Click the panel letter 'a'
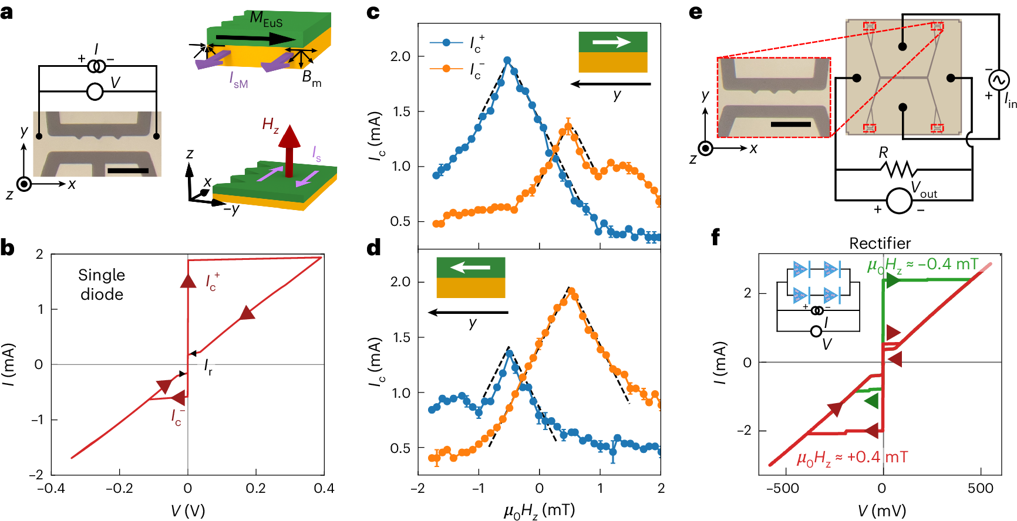pos(7,12)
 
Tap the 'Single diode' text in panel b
pos(102,285)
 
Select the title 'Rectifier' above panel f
pos(880,243)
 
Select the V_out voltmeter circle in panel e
pos(898,201)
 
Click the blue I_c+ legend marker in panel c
pos(446,42)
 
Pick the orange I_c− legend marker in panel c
pos(446,69)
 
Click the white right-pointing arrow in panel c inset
pos(612,42)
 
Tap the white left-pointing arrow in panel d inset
pos(470,268)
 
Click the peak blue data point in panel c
pos(507,60)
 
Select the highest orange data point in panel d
pos(571,291)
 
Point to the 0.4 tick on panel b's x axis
pos(324,488)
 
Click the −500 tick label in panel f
pos(782,488)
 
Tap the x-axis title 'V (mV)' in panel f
pos(881,510)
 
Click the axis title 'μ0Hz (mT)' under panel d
pos(539,510)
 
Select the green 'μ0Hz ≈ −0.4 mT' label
pos(922,265)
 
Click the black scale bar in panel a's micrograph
pos(128,171)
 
